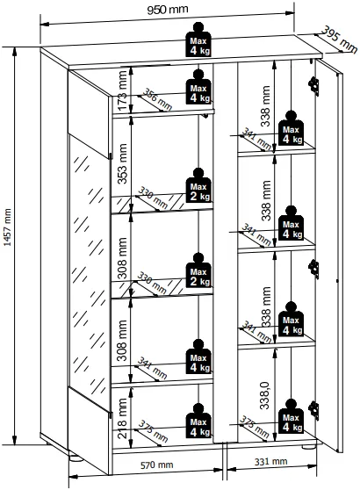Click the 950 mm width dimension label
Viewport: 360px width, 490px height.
[x=168, y=10]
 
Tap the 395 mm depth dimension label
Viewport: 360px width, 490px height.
[x=340, y=40]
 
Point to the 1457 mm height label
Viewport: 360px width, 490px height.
[x=7, y=227]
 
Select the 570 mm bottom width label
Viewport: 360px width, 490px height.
[x=156, y=465]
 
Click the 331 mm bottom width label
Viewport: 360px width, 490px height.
[x=270, y=462]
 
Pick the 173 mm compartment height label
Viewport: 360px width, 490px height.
[x=123, y=90]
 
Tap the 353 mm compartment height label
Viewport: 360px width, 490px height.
[x=123, y=163]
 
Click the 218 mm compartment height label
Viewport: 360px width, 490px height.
[x=123, y=418]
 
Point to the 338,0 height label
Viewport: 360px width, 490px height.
[x=265, y=395]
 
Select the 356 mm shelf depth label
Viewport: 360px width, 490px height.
[x=157, y=100]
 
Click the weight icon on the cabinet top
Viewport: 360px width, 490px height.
[x=198, y=40]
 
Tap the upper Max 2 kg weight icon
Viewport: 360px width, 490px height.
[x=198, y=185]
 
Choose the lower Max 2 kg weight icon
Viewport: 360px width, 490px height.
[x=198, y=270]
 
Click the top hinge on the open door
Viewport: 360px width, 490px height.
[x=313, y=86]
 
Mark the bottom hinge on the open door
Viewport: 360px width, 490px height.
[x=313, y=410]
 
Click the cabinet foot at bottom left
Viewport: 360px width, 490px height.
[x=76, y=458]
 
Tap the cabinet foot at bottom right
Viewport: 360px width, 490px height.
[x=309, y=447]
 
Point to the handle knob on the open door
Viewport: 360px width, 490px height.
[x=337, y=281]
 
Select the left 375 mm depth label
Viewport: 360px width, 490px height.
[x=153, y=431]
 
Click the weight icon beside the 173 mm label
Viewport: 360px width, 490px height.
[x=198, y=87]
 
